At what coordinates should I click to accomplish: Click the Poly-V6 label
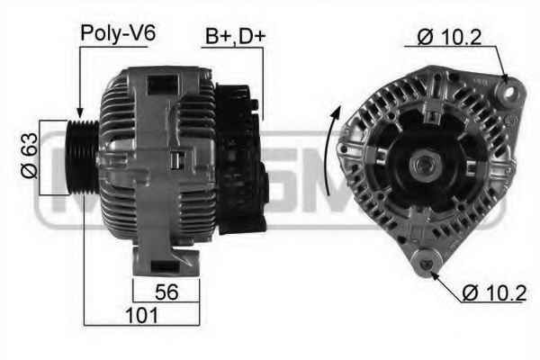(118, 34)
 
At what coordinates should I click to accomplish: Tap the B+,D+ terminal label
(236, 36)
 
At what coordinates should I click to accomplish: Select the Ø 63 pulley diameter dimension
(30, 156)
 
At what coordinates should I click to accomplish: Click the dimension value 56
(166, 292)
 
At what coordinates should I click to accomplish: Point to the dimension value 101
(141, 315)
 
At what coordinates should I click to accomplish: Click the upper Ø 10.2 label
(449, 37)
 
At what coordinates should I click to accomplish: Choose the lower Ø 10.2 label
(494, 292)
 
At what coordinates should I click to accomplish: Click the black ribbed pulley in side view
(83, 157)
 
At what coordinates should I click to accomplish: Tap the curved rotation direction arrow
(331, 150)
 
